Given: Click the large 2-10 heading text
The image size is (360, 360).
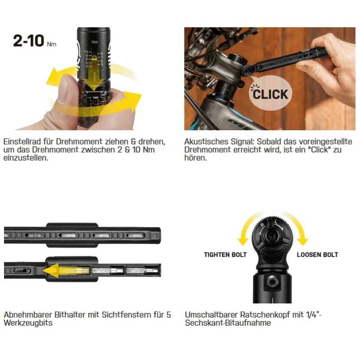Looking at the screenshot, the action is (x=29, y=41).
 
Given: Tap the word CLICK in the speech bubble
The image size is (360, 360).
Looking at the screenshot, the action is (x=270, y=95).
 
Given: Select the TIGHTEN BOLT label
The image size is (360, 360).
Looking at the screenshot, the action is (x=225, y=255).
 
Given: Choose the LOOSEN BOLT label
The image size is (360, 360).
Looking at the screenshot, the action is (x=317, y=255).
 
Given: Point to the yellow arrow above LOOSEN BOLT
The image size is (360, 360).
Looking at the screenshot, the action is (x=297, y=228).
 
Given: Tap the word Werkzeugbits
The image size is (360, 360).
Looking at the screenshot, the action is (x=28, y=323).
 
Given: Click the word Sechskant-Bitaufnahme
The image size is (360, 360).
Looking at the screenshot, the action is (x=228, y=323).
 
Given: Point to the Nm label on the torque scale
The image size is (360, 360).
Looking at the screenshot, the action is (x=95, y=42).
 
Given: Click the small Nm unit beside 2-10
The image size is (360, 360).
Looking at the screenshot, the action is (x=52, y=44).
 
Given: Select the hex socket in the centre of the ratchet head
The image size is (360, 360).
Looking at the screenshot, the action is (x=272, y=236).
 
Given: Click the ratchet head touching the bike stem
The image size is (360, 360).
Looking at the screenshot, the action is (x=248, y=69).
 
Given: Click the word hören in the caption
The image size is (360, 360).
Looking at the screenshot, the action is (x=195, y=158).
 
